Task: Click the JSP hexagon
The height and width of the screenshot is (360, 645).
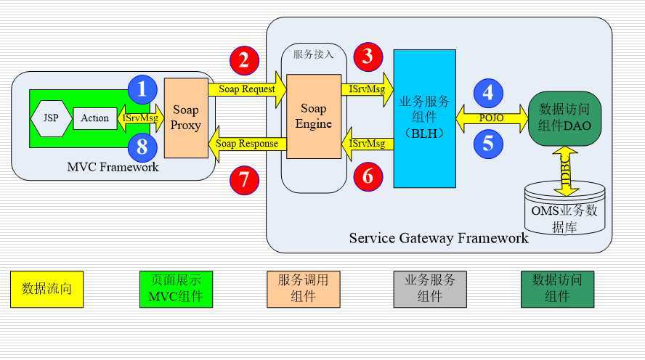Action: [52, 118]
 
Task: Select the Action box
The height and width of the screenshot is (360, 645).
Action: [94, 118]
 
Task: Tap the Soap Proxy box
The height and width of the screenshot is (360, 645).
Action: [186, 118]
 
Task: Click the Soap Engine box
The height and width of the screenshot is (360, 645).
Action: [314, 115]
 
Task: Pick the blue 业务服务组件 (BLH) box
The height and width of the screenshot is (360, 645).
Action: [425, 118]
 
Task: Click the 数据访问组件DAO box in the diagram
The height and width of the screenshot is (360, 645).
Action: [565, 118]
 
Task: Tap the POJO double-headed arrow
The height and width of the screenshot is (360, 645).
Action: [492, 117]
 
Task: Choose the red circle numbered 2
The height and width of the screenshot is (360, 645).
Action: [245, 60]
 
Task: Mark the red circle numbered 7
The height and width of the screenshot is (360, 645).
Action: [245, 181]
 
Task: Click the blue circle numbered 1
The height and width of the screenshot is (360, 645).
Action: [142, 89]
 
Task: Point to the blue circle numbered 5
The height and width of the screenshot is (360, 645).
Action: [488, 143]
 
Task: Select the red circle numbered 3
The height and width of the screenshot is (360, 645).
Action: [368, 57]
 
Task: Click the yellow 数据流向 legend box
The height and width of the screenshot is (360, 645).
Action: [46, 288]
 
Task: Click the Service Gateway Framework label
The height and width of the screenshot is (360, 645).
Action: [439, 238]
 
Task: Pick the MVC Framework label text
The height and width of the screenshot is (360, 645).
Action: [113, 168]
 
